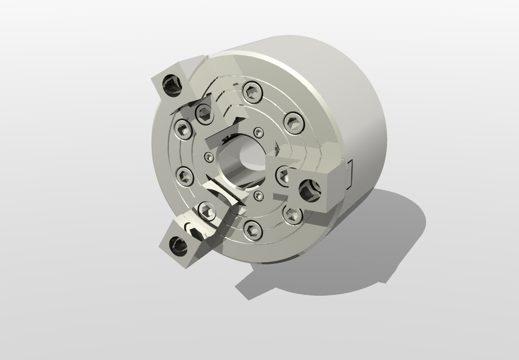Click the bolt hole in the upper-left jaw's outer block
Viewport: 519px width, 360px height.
click(170, 87)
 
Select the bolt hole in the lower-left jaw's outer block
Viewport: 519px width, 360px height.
click(179, 246)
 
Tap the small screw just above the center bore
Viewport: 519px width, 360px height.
click(258, 132)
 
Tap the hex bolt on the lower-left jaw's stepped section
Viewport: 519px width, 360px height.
click(206, 212)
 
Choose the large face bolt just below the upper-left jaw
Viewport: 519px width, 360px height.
click(184, 129)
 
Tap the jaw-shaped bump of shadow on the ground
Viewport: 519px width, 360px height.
click(250, 287)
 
